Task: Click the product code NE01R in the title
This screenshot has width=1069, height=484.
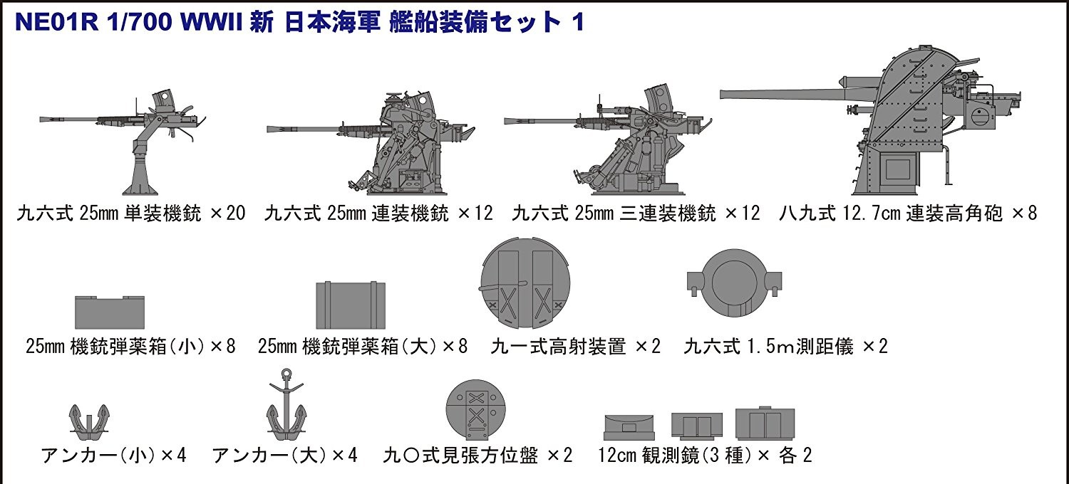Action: click(x=57, y=22)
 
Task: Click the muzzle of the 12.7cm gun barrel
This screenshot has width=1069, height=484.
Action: click(x=722, y=95)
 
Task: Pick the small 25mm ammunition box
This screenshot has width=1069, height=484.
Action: click(x=110, y=312)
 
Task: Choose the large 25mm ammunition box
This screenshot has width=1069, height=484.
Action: click(x=351, y=305)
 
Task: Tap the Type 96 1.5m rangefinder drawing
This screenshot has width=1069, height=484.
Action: click(x=735, y=283)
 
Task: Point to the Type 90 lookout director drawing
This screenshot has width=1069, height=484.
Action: click(x=476, y=410)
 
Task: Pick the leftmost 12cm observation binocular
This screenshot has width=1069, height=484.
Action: click(x=629, y=427)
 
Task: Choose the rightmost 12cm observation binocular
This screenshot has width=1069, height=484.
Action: click(x=765, y=423)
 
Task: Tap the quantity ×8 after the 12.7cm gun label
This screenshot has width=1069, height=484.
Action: click(x=1024, y=213)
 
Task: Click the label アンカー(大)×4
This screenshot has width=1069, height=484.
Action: click(x=285, y=456)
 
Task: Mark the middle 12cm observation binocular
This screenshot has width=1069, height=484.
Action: click(x=697, y=426)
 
